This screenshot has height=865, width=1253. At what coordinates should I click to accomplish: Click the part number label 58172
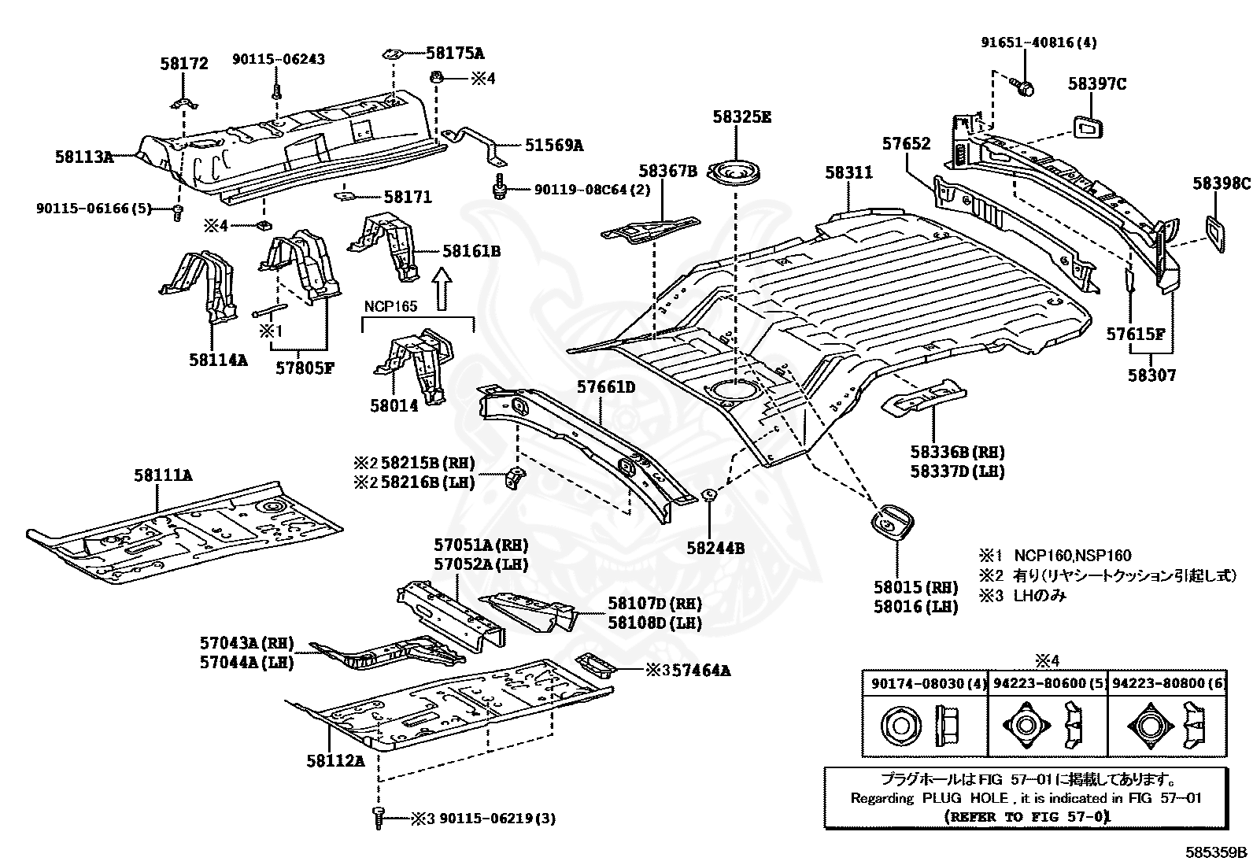coord(184,63)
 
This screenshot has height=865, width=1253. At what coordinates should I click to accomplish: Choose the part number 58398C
coord(1221,183)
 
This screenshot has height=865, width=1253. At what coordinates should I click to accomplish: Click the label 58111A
coord(163,475)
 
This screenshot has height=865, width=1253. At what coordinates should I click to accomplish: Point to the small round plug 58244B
coord(708,495)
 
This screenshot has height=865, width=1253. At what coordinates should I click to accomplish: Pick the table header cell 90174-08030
coord(923,684)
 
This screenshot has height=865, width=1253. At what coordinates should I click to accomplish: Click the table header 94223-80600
coord(1047,684)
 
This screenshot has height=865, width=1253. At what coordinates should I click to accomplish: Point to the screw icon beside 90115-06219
coord(378,816)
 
